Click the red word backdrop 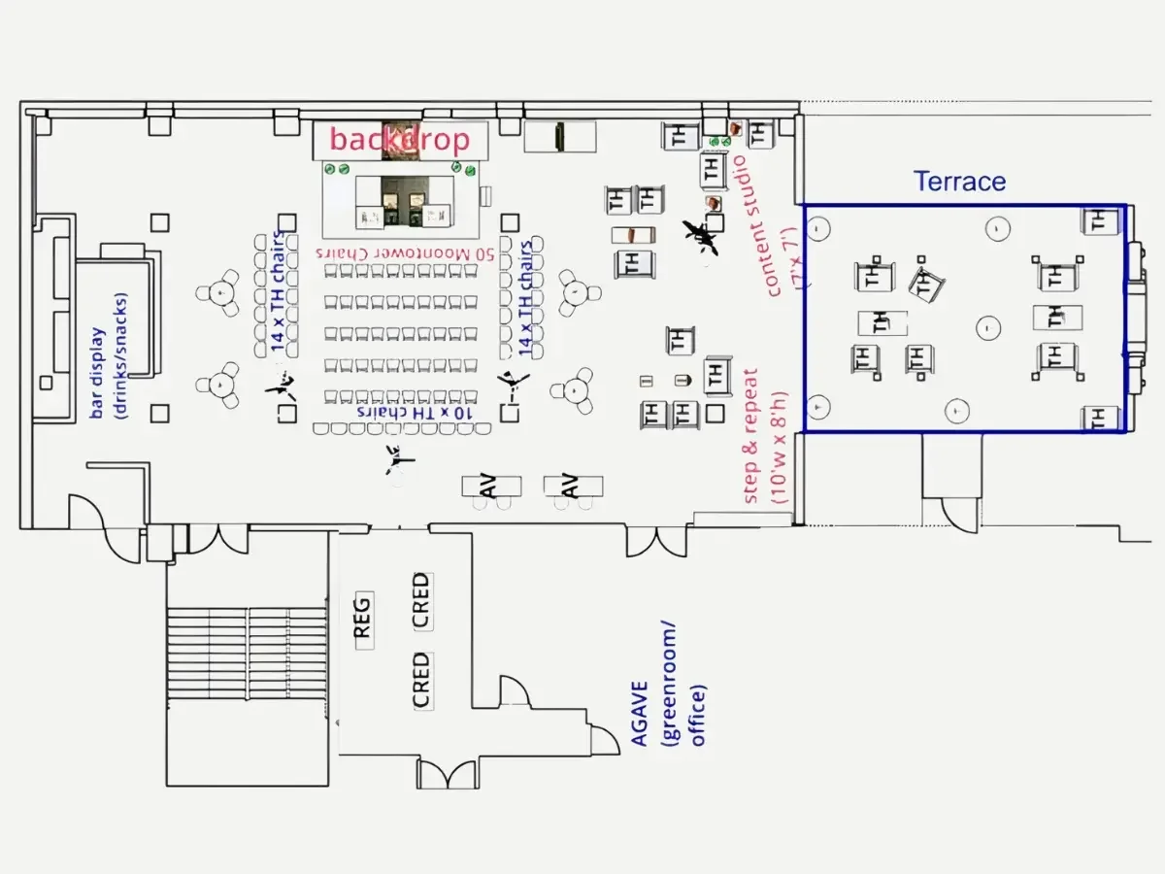[399, 139]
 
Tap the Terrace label [959, 182]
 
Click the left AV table [490, 486]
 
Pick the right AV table [572, 486]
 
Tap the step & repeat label [766, 437]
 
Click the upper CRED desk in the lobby [420, 600]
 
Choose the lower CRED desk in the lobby [420, 680]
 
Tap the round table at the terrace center [988, 328]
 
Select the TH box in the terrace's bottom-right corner [1098, 419]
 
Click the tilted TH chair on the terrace [925, 285]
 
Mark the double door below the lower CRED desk [447, 775]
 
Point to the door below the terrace [956, 510]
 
